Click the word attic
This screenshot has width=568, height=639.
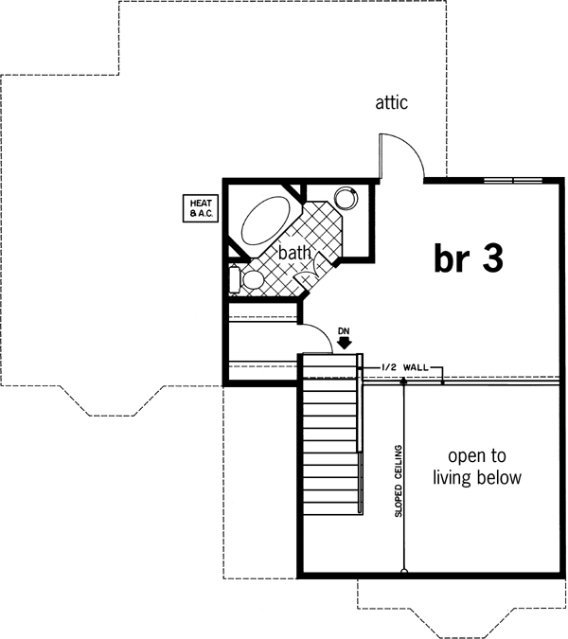pyautogui.click(x=391, y=102)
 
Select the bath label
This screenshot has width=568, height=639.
pyautogui.click(x=293, y=253)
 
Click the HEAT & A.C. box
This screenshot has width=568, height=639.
pyautogui.click(x=201, y=207)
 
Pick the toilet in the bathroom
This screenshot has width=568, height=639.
pyautogui.click(x=248, y=279)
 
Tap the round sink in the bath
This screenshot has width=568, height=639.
pyautogui.click(x=346, y=198)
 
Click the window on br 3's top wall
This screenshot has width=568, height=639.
pyautogui.click(x=514, y=179)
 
